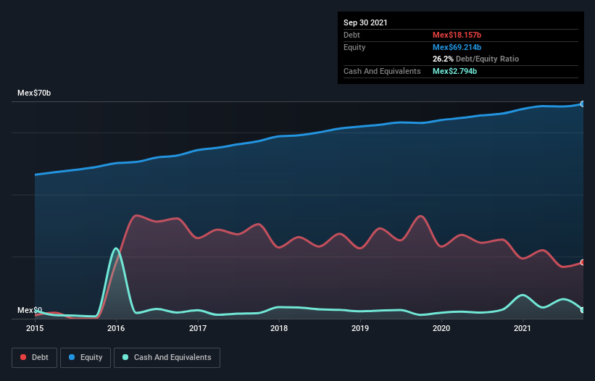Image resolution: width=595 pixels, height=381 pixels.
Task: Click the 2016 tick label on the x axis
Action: click(116, 329)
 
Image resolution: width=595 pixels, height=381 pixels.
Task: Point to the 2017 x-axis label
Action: click(198, 329)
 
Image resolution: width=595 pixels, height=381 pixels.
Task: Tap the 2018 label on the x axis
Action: click(279, 329)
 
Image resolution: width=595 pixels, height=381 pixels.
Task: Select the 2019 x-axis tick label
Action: click(360, 329)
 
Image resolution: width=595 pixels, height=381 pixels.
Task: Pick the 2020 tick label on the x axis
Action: click(441, 329)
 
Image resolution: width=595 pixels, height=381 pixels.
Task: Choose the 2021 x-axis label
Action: click(523, 329)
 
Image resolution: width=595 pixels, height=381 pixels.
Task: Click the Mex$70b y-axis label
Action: click(34, 93)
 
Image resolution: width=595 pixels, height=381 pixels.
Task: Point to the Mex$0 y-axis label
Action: click(29, 310)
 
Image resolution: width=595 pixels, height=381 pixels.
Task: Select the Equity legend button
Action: click(86, 357)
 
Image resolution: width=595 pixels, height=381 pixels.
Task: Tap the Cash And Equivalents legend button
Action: click(167, 357)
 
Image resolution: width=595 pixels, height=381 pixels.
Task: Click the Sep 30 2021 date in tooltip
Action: click(366, 22)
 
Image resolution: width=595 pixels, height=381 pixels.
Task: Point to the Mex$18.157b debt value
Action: click(457, 35)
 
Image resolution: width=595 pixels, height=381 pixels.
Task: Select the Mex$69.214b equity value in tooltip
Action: click(457, 47)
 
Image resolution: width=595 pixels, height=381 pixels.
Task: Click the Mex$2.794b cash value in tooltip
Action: click(454, 71)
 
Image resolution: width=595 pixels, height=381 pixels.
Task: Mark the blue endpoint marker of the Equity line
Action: click(583, 104)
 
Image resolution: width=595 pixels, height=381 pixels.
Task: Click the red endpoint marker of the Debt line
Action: click(583, 262)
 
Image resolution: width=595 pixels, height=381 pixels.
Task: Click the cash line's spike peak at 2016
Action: click(116, 248)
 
